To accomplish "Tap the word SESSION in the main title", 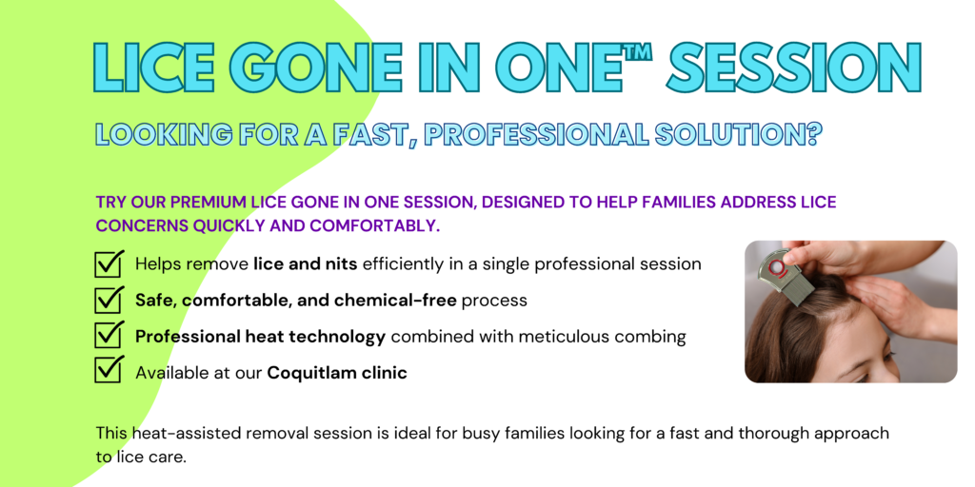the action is coord(793,68).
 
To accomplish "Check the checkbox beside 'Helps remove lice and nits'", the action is coord(109,264).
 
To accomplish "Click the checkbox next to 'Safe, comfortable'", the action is coord(109,300).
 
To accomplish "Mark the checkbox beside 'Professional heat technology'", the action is coord(109,336).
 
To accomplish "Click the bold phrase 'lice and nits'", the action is coord(305,264).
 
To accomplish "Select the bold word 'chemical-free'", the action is coord(395,301).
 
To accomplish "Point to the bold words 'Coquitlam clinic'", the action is coord(337,373).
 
